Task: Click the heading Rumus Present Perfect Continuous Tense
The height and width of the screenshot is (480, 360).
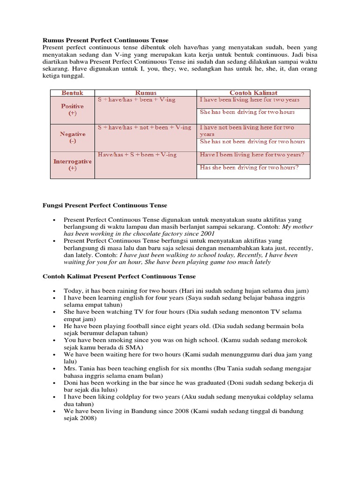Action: click(105, 41)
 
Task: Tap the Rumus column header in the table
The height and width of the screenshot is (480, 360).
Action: click(146, 93)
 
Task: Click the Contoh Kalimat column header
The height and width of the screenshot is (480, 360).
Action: click(253, 93)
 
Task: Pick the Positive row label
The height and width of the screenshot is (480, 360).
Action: click(72, 106)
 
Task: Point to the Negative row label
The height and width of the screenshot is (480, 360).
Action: click(72, 134)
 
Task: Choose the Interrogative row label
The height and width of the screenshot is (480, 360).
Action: click(72, 161)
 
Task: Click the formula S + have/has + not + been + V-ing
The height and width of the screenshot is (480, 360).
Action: click(144, 127)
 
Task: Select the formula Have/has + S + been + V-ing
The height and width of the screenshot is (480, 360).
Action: click(137, 154)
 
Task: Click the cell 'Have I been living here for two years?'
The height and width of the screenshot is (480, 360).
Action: click(252, 154)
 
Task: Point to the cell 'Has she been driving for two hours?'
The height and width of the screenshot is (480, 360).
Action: click(249, 167)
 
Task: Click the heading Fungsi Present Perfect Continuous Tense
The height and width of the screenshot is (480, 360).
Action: click(105, 205)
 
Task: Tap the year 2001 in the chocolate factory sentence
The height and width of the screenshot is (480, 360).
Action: click(207, 233)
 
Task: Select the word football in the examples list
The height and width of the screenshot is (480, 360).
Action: click(135, 326)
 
